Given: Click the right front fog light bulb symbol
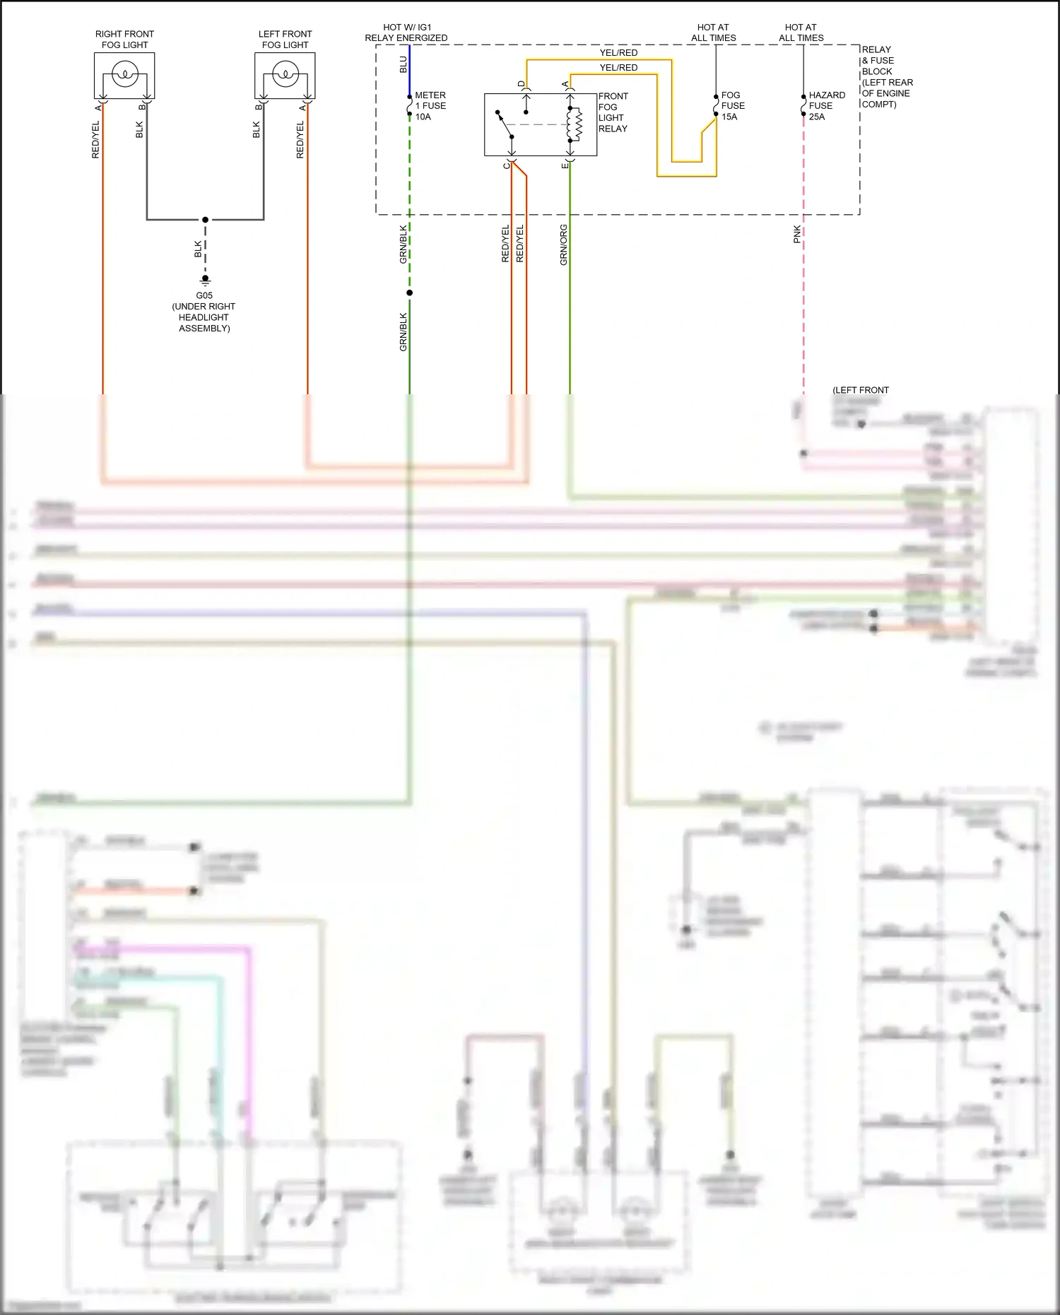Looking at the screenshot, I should (x=125, y=73).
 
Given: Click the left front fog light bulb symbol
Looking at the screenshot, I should (x=285, y=73).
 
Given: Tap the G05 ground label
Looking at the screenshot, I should (x=204, y=295).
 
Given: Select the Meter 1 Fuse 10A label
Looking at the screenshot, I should (x=430, y=106).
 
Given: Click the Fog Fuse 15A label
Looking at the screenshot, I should (x=733, y=106).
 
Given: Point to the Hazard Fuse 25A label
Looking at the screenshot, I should (x=826, y=106).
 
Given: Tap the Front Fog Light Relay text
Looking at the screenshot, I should (x=613, y=112).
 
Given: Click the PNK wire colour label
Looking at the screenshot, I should (x=797, y=235).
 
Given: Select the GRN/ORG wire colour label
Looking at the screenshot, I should (x=563, y=245).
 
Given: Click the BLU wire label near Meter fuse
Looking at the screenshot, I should (x=403, y=64).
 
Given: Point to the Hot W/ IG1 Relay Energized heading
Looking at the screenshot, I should (x=406, y=33).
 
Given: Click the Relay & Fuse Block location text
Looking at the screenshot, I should (x=886, y=77).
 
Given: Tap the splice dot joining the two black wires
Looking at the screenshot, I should (x=206, y=220).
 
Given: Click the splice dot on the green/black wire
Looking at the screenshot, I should (x=409, y=293).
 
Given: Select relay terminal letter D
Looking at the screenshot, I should (x=522, y=84).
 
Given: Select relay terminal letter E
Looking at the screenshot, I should (x=565, y=165).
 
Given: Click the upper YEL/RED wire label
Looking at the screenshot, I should (x=618, y=53).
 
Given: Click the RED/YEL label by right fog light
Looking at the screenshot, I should (x=95, y=139).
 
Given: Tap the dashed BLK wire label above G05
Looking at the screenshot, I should (x=199, y=249).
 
